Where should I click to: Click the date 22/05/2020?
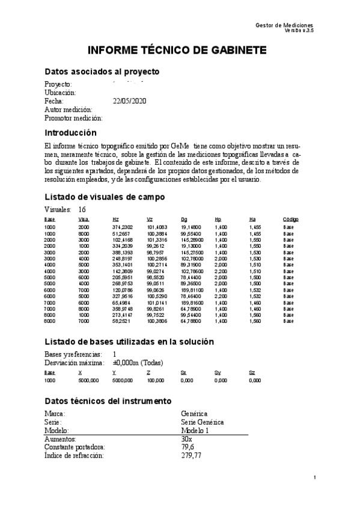coord(129,101)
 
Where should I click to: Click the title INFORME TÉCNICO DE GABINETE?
coord(178,50)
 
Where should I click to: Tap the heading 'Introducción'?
coord(70,132)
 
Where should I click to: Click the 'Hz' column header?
coord(115,220)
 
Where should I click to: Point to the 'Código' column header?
coord(291,220)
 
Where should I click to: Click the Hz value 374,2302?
coord(123,227)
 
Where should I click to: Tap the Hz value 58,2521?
coord(121,321)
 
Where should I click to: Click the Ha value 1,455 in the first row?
coord(255,227)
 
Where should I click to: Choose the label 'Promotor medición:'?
coord(74,118)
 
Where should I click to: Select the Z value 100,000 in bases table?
coord(155,381)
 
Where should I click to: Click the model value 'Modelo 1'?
coord(196,431)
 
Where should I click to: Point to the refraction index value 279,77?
coord(192,456)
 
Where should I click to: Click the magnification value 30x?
coord(186,439)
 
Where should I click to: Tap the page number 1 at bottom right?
coord(315,478)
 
